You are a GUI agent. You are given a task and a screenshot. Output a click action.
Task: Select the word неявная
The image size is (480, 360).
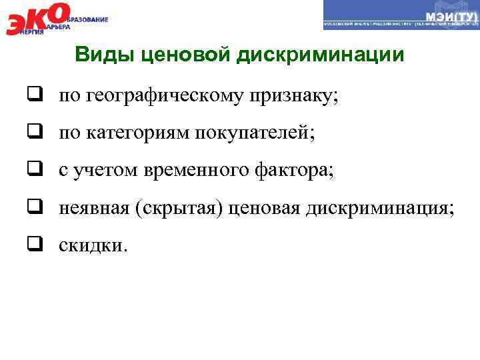[94, 209]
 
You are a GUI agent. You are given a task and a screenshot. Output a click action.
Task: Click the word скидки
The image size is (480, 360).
[91, 245]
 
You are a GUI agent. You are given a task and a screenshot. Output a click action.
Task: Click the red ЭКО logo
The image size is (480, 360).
[37, 17]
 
